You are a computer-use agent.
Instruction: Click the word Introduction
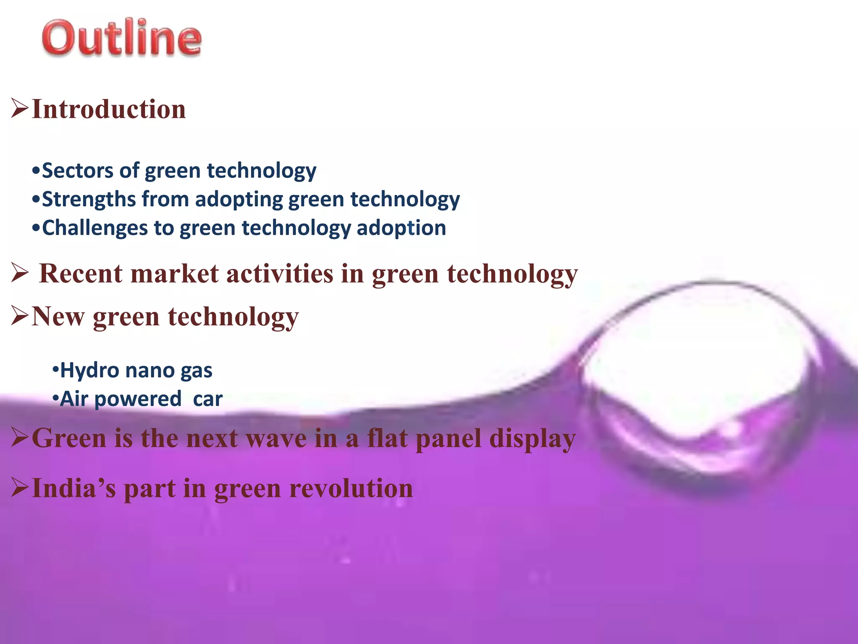point(109,109)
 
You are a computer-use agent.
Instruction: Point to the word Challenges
point(95,228)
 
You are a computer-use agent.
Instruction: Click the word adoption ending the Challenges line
point(401,228)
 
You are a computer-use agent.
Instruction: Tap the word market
point(174,274)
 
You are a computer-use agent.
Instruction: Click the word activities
point(279,274)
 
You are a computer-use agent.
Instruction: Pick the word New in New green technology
point(58,317)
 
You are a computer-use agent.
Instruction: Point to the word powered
point(138,399)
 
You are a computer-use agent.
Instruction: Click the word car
point(207,399)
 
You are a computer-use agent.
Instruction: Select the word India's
point(74,489)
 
